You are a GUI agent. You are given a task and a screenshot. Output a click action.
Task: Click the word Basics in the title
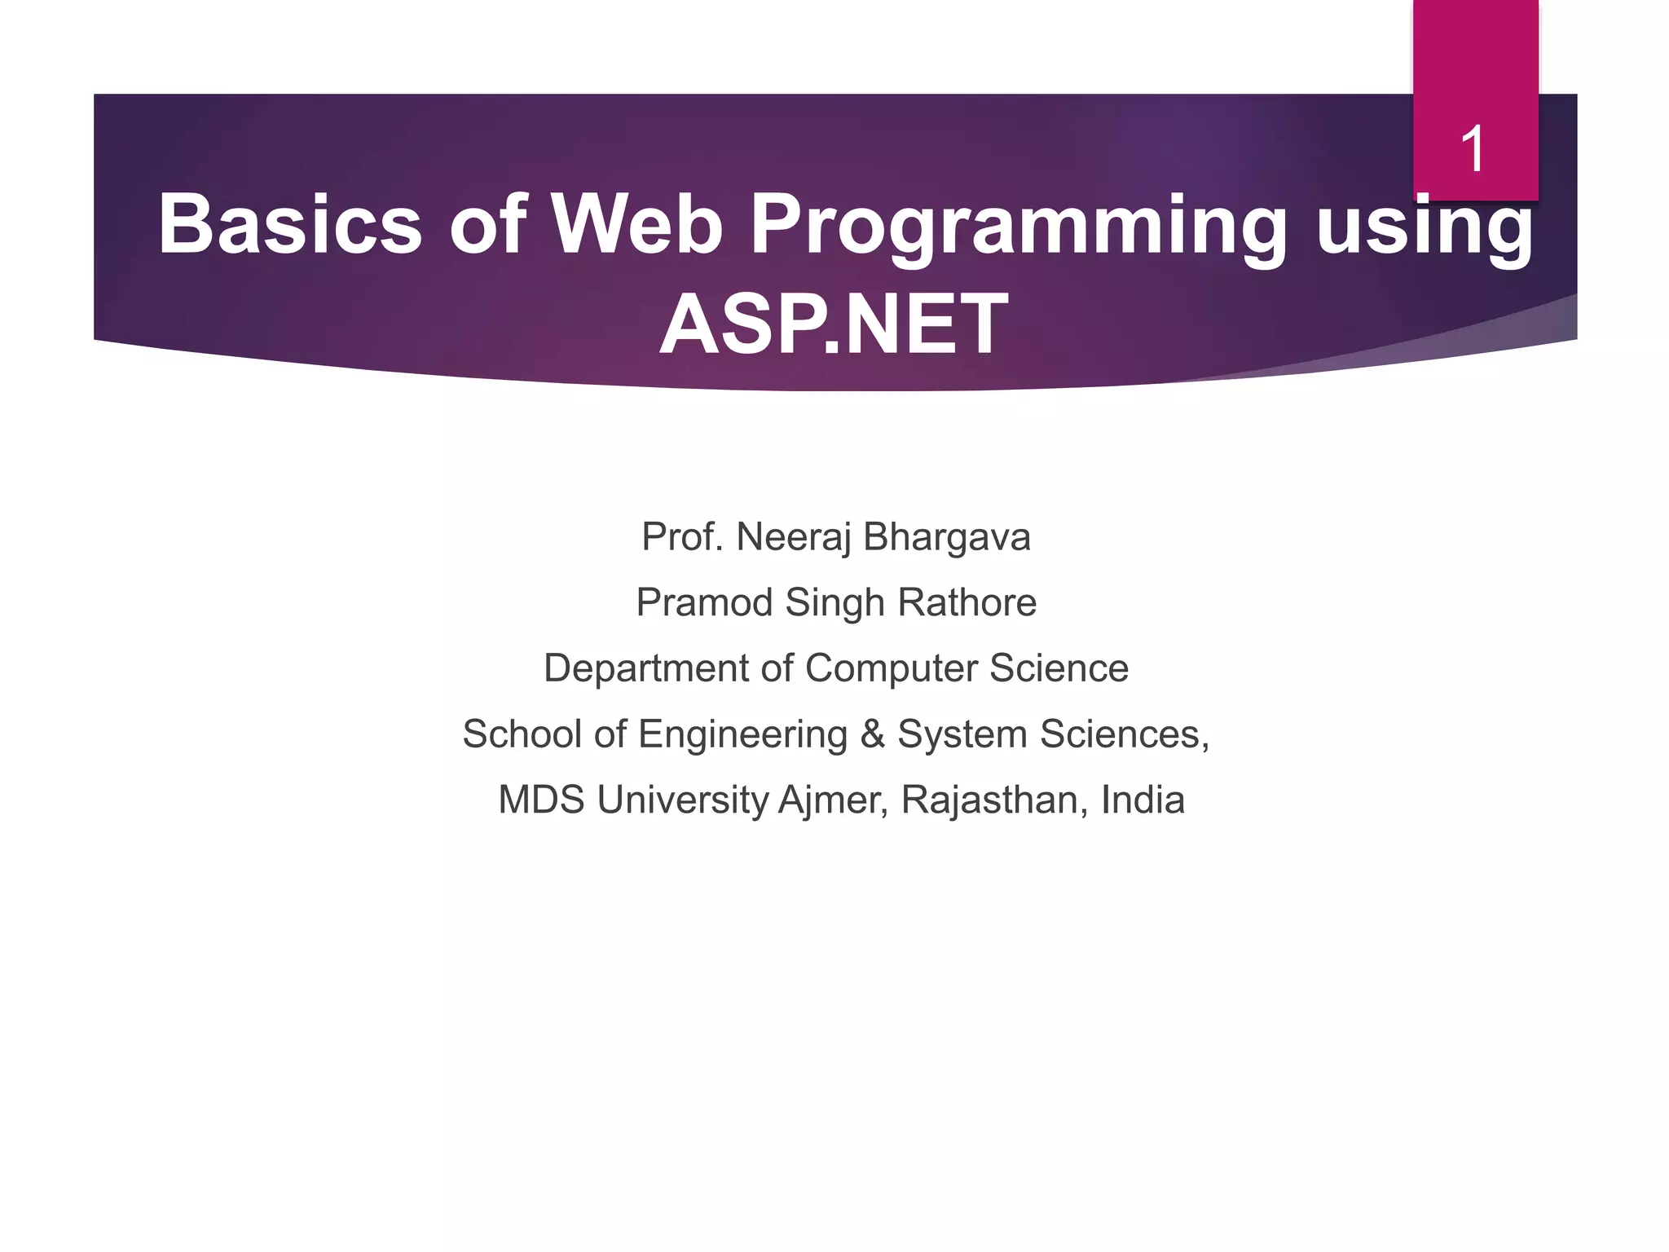289,224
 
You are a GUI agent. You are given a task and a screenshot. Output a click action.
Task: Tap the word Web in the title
637,224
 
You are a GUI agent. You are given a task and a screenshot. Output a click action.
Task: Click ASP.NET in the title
834,324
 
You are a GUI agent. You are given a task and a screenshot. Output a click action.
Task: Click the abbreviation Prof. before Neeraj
682,537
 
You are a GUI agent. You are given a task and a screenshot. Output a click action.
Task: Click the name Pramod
704,603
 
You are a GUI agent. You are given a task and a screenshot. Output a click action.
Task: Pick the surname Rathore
967,603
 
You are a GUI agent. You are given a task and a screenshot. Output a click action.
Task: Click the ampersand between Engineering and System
872,734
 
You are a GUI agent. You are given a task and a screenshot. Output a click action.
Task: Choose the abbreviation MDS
541,800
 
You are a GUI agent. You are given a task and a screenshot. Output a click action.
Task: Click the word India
1143,800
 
